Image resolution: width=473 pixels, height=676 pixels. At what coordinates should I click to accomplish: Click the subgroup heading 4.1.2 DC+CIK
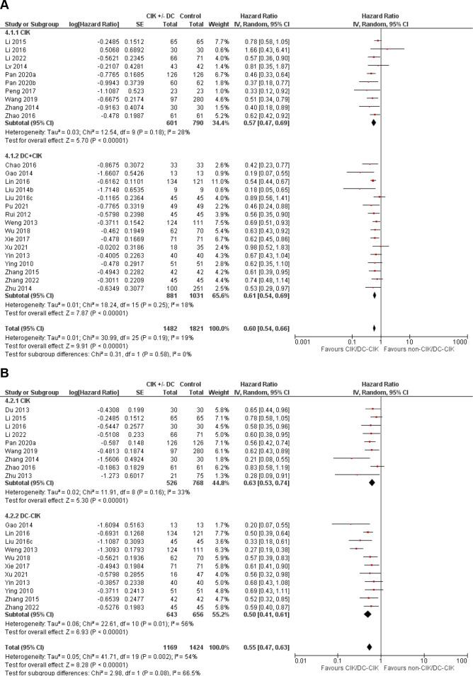coord(25,154)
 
